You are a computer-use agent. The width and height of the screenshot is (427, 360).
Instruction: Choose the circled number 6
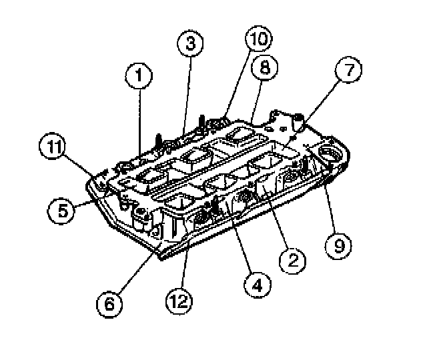point(109,304)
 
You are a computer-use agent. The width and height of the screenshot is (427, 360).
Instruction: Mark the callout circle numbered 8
point(264,68)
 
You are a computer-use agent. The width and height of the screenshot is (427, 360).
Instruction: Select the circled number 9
point(339,246)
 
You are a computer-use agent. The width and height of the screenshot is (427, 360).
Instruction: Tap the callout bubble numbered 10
point(258,39)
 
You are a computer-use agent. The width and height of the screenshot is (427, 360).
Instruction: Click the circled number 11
point(53,148)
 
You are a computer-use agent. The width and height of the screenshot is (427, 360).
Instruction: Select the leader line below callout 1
point(140,120)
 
